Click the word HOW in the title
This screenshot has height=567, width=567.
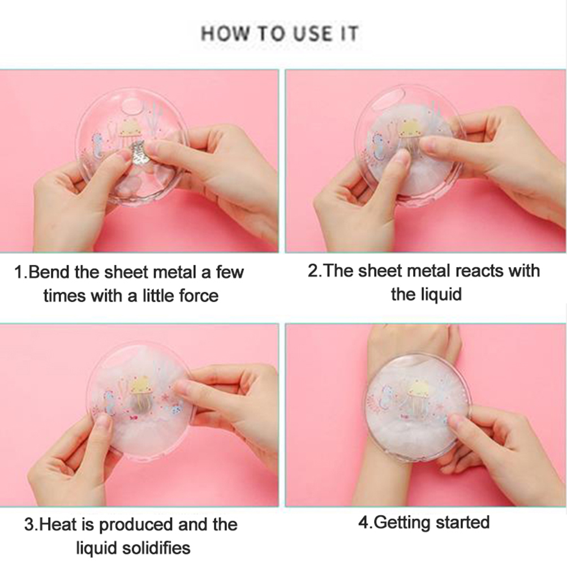coord(225,33)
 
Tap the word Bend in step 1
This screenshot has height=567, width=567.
coord(50,272)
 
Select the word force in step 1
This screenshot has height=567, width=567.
coord(199,296)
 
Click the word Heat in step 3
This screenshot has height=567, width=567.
coord(58,525)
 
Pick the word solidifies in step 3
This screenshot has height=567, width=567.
coord(156,548)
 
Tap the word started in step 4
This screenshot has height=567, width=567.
coord(463,523)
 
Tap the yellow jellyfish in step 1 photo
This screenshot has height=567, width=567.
coord(132,132)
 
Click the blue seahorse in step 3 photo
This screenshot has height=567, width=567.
coord(110,401)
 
